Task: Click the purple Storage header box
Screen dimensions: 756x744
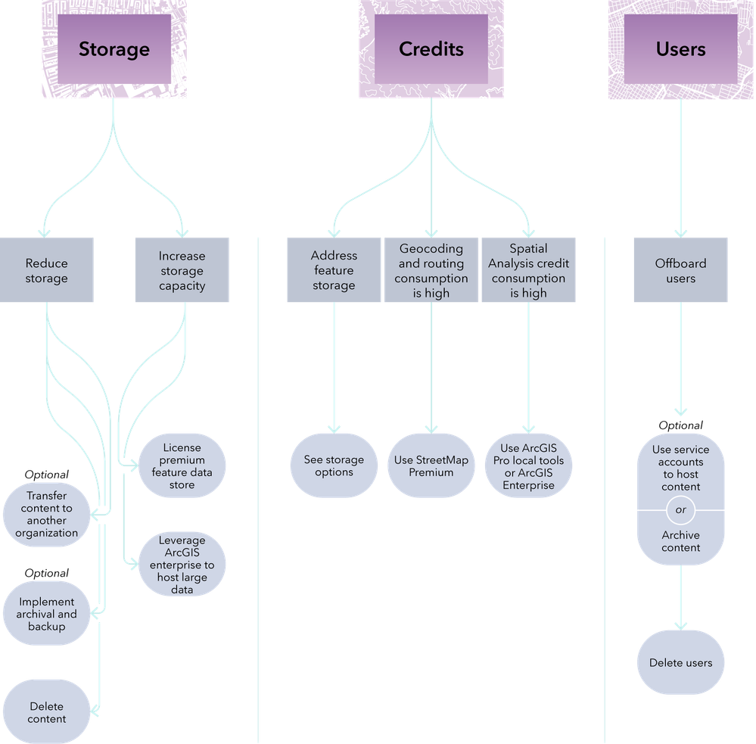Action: click(x=114, y=48)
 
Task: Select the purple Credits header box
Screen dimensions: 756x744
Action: click(x=431, y=48)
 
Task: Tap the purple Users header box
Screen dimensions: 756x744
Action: click(x=681, y=48)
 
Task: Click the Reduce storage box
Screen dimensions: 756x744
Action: click(x=46, y=270)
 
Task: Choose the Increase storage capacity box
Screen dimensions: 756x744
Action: click(x=182, y=270)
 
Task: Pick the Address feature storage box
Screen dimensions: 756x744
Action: click(x=334, y=270)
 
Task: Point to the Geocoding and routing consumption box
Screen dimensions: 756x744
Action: click(x=431, y=270)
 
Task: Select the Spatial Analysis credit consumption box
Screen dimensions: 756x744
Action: click(x=528, y=270)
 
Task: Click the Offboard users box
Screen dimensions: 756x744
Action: click(x=681, y=270)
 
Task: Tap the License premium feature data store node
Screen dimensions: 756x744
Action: click(x=182, y=465)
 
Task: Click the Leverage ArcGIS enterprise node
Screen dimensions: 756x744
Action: click(x=182, y=564)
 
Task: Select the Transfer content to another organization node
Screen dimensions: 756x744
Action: click(x=46, y=515)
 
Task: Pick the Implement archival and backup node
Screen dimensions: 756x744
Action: click(x=46, y=613)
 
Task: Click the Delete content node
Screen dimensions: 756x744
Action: click(x=46, y=711)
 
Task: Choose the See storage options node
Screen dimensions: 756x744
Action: click(x=334, y=465)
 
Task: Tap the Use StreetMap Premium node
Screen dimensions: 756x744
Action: click(x=431, y=465)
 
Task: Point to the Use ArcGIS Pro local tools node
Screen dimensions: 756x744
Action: click(x=528, y=465)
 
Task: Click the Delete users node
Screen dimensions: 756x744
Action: click(x=681, y=662)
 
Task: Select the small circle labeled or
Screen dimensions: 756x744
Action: click(x=681, y=510)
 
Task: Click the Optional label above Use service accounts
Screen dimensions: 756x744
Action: click(x=681, y=425)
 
